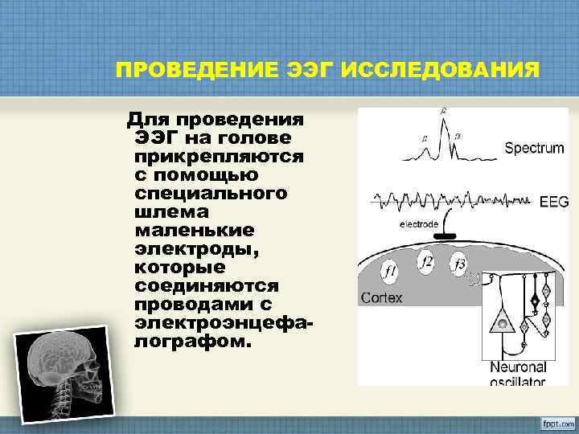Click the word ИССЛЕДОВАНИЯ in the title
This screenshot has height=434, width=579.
441,70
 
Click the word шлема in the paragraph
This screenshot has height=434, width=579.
162,211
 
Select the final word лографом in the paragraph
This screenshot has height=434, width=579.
189,341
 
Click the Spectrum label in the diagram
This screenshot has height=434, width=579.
535,148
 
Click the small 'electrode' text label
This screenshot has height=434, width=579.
419,224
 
